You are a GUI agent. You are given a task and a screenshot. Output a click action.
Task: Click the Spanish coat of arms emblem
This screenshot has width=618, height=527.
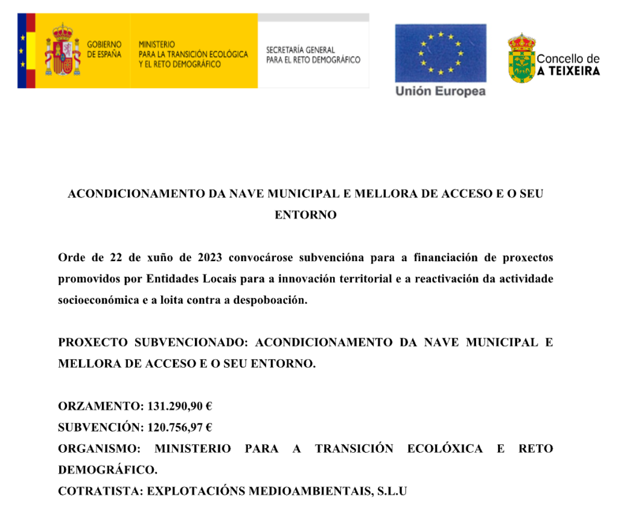click(x=62, y=51)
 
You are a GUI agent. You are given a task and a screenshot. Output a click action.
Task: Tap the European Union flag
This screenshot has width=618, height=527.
click(x=440, y=53)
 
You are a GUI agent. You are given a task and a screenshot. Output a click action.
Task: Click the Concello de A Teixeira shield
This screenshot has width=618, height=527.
click(x=521, y=58)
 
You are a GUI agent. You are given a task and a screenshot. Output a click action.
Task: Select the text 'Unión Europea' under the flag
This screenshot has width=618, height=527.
click(x=440, y=91)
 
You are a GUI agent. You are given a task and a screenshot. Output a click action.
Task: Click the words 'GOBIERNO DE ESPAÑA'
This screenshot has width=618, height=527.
click(x=104, y=49)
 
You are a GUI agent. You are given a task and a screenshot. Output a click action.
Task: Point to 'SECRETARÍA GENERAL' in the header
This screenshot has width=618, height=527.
click(x=301, y=49)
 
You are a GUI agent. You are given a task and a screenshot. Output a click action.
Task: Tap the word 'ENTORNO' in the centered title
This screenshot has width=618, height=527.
click(x=305, y=215)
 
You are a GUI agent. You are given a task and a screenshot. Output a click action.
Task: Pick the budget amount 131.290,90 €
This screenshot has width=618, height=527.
click(x=180, y=406)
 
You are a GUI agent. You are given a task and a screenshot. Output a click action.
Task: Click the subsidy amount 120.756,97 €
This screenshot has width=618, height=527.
click(x=180, y=428)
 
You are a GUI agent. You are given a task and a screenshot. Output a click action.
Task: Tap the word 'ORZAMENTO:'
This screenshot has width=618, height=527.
click(x=100, y=406)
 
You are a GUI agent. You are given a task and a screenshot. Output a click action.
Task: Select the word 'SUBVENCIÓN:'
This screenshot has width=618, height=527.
click(x=100, y=428)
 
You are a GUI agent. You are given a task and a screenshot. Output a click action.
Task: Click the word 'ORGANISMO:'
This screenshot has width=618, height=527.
click(x=98, y=449)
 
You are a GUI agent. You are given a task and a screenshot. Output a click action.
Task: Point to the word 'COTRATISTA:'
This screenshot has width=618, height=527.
click(x=100, y=491)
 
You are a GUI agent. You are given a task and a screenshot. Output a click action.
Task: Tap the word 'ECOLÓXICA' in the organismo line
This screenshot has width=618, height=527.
click(x=445, y=449)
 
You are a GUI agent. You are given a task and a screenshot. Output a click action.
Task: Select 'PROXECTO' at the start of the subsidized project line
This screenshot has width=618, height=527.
click(x=92, y=342)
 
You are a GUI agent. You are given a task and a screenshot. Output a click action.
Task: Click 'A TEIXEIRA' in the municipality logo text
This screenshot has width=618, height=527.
click(x=569, y=71)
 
